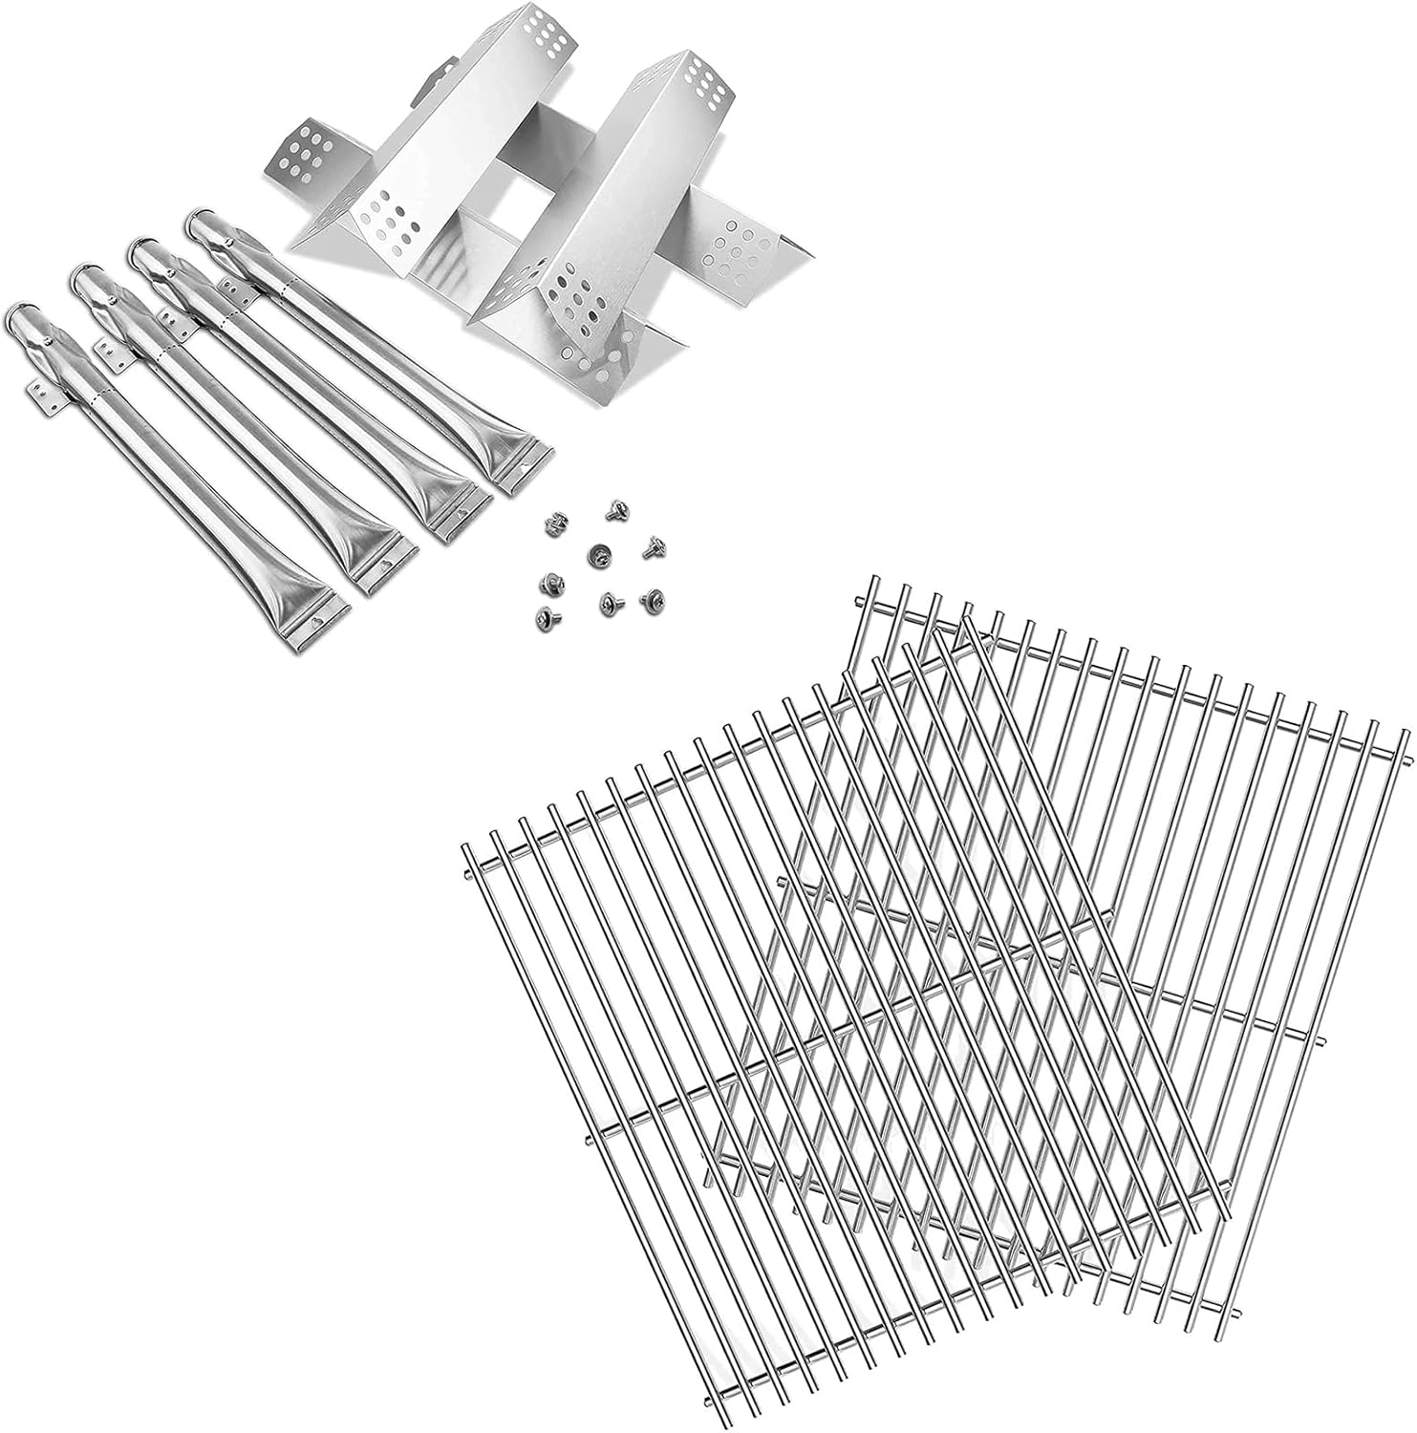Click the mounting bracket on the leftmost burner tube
point(38,392)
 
